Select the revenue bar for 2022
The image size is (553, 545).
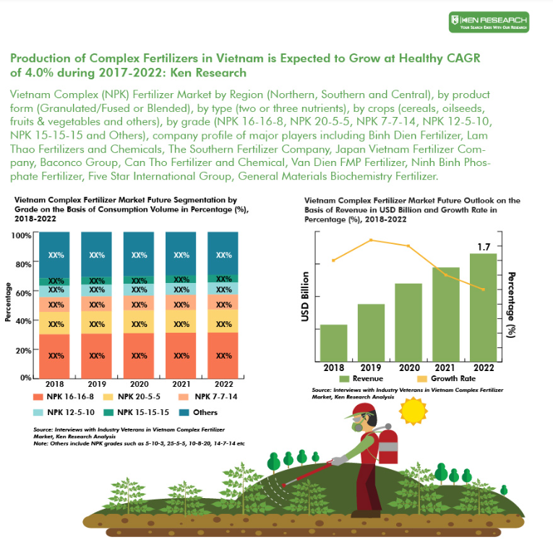pyautogui.click(x=483, y=307)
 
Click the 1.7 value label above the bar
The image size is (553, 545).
pyautogui.click(x=484, y=247)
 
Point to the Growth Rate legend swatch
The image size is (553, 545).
pyautogui.click(x=421, y=378)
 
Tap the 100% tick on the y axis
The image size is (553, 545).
pyautogui.click(x=21, y=235)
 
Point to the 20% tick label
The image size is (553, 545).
pyautogui.click(x=22, y=350)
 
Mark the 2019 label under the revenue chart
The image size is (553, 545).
pyautogui.click(x=370, y=367)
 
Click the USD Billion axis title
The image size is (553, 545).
pyautogui.click(x=306, y=297)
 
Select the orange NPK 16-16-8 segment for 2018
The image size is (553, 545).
pyautogui.click(x=54, y=356)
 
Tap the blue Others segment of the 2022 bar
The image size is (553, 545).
pyautogui.click(x=223, y=253)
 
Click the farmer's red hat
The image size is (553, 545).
pyautogui.click(x=361, y=411)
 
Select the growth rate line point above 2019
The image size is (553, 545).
pyautogui.click(x=371, y=240)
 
